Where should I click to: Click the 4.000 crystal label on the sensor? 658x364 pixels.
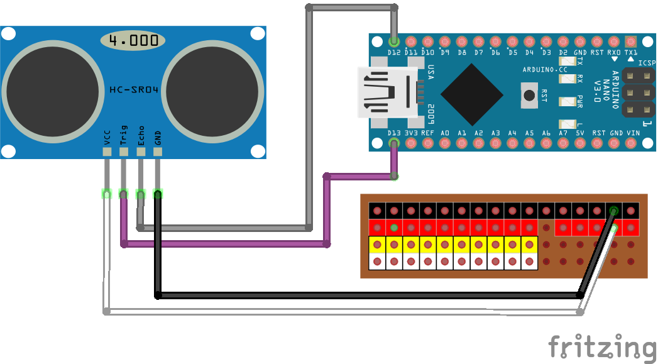(133, 41)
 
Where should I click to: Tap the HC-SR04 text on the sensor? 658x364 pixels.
(134, 89)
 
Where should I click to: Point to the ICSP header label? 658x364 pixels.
(647, 63)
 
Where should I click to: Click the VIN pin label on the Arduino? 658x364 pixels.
(633, 133)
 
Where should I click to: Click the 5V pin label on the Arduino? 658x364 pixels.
(581, 133)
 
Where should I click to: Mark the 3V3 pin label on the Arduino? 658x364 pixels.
(411, 133)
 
